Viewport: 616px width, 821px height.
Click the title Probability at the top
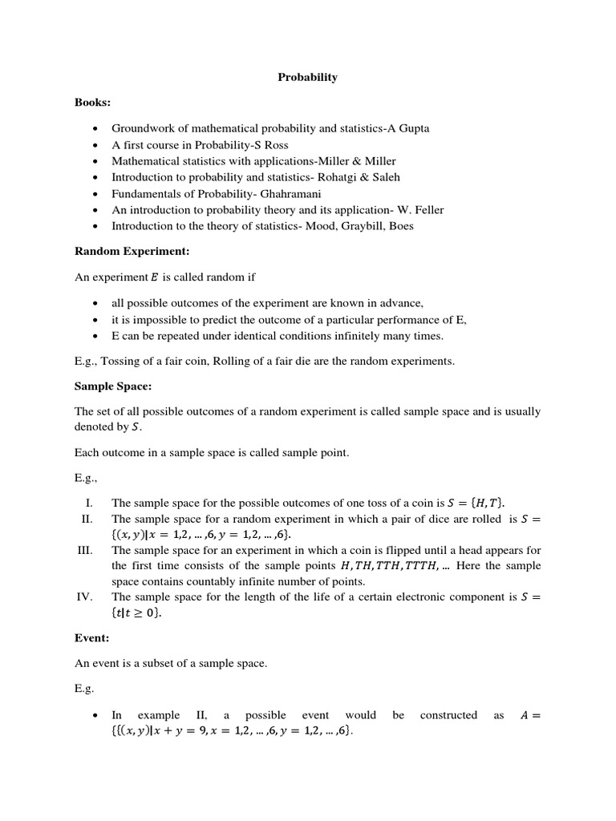[307, 78]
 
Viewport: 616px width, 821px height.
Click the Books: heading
[92, 103]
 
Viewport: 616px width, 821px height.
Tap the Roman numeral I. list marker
[89, 503]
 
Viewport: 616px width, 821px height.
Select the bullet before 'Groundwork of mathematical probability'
[95, 128]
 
